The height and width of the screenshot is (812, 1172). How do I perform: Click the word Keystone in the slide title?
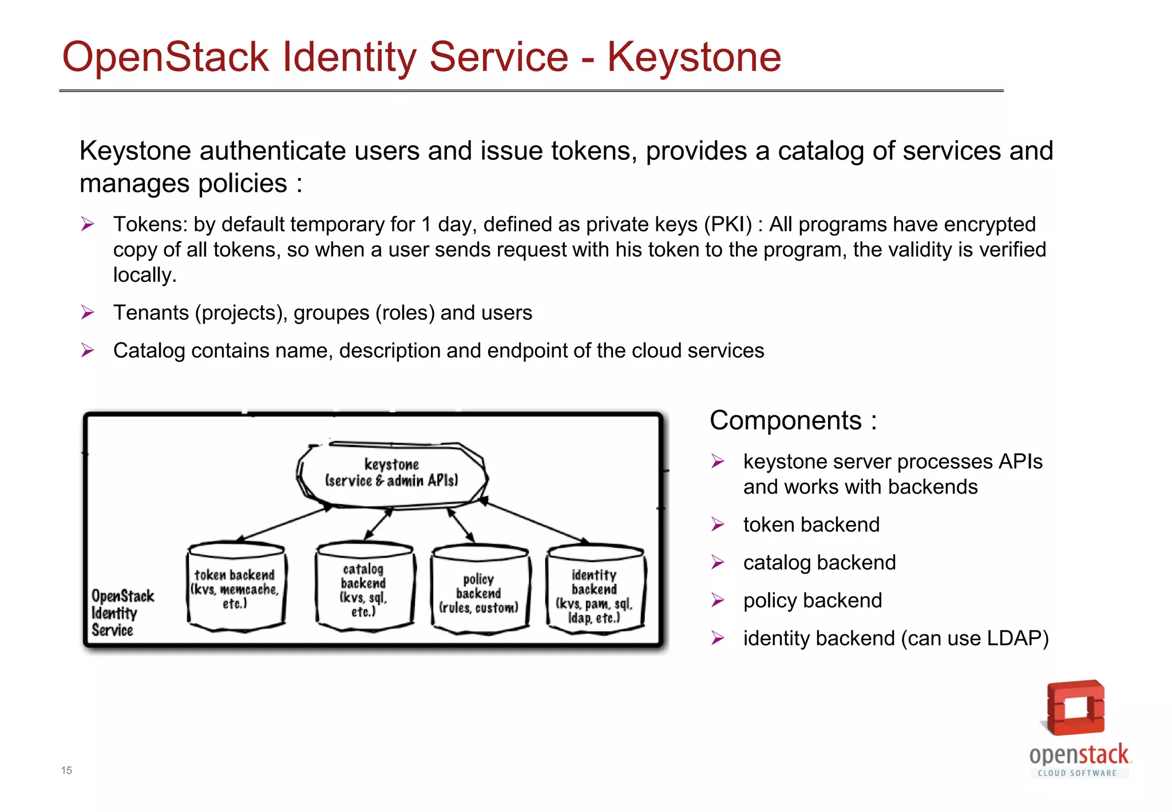(x=694, y=57)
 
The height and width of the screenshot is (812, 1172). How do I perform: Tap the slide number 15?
(x=66, y=770)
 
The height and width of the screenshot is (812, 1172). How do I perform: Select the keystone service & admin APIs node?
(x=391, y=474)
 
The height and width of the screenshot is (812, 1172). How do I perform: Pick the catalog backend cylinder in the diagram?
(x=364, y=588)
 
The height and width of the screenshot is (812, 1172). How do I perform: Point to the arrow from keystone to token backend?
(x=283, y=523)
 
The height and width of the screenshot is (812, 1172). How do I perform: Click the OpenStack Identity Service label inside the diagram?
(x=121, y=613)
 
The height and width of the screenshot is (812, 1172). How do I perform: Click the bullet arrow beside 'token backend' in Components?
(x=718, y=525)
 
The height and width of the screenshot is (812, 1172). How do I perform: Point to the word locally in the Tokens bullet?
(x=144, y=275)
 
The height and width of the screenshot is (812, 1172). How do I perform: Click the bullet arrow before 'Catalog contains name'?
(x=88, y=350)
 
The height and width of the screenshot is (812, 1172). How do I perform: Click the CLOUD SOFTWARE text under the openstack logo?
(x=1077, y=773)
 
